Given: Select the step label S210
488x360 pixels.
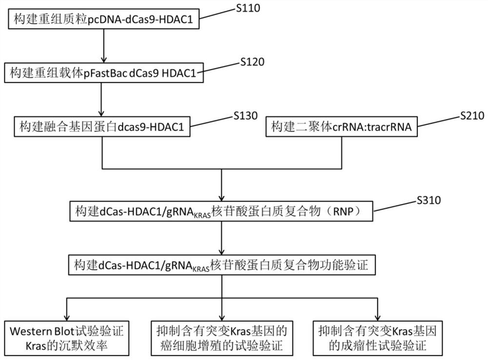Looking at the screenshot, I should (x=472, y=116).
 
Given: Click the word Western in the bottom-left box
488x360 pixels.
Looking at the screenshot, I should (x=30, y=331).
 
